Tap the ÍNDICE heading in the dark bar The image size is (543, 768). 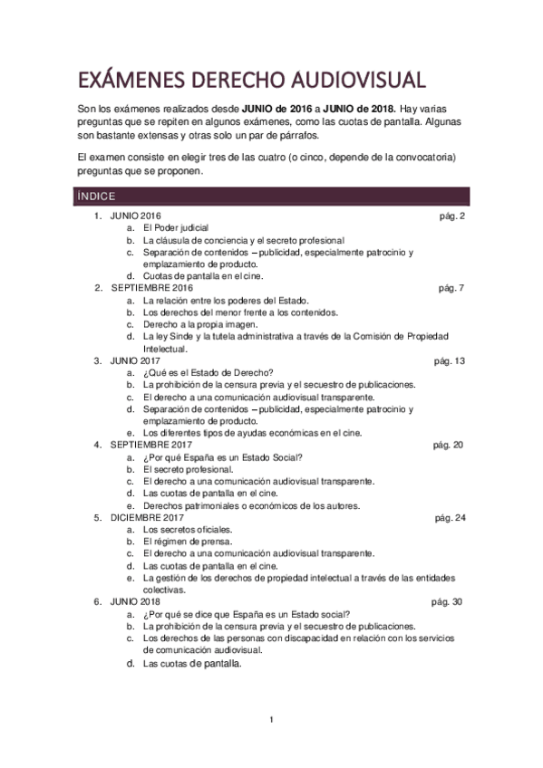[96, 196]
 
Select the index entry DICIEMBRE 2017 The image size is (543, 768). [149, 517]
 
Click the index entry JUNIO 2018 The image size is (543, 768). [135, 601]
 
